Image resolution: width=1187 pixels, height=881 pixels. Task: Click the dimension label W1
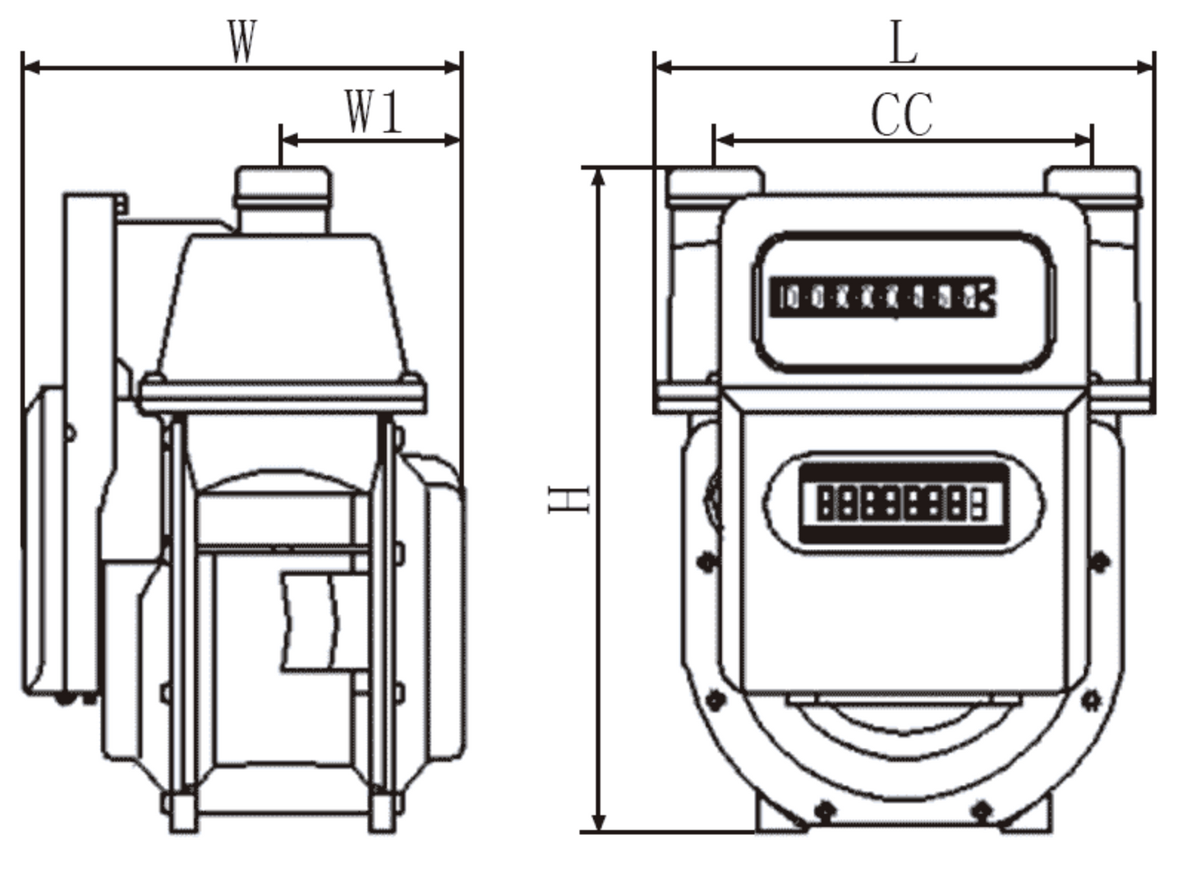tap(374, 112)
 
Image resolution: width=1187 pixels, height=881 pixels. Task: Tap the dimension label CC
tap(902, 115)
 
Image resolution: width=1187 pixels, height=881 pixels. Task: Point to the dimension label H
tap(568, 499)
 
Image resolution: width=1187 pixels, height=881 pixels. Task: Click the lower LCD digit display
tap(902, 502)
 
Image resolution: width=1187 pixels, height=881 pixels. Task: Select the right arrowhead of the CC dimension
tap(1083, 141)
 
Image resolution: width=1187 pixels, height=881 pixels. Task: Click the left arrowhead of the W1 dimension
tap(290, 141)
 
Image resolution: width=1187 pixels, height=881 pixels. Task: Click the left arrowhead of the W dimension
tap(31, 67)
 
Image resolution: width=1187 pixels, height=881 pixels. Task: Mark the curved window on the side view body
tap(310, 620)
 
